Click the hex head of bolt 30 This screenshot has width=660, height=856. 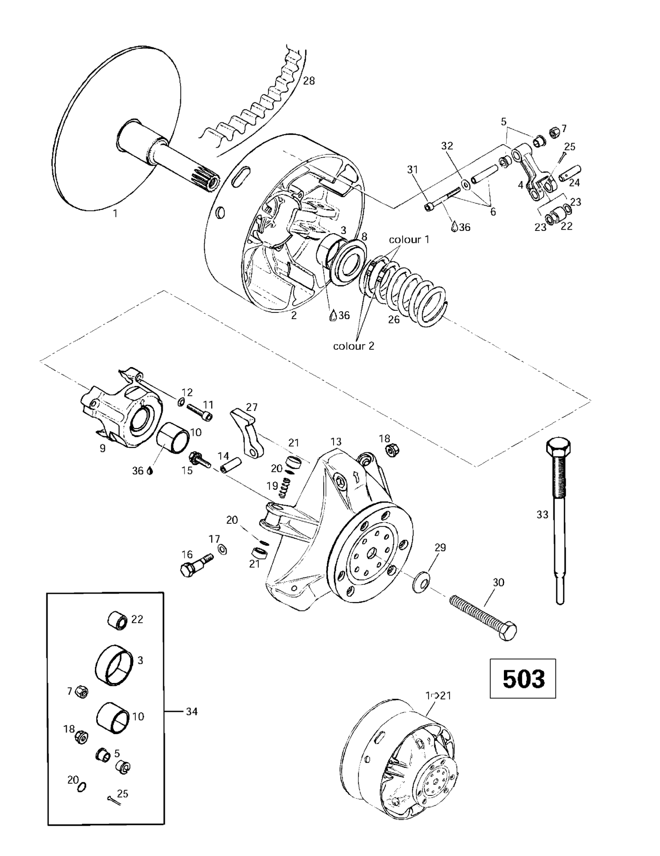point(508,631)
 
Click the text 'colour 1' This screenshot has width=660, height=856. point(409,239)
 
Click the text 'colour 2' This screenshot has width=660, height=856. point(353,346)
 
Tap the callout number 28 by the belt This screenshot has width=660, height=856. point(309,81)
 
